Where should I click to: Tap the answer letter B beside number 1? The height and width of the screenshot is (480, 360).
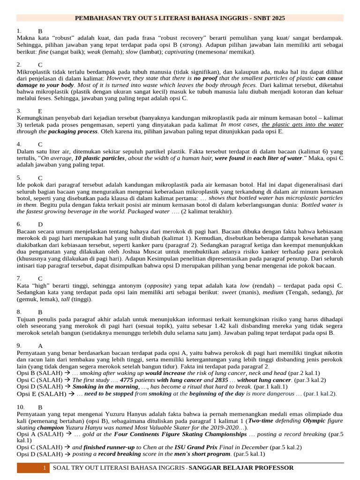coord(40,31)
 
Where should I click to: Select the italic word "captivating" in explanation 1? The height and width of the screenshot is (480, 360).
coord(181,52)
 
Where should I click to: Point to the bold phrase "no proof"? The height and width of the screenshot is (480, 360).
coord(205,78)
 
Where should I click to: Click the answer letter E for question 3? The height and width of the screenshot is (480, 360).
coord(40,111)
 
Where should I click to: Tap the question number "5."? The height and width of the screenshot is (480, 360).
coord(19,178)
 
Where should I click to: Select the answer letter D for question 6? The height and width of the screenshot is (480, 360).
coord(40,225)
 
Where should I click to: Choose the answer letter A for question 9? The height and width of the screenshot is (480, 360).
coord(40,346)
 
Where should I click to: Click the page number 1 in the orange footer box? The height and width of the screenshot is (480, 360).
coord(44,468)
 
